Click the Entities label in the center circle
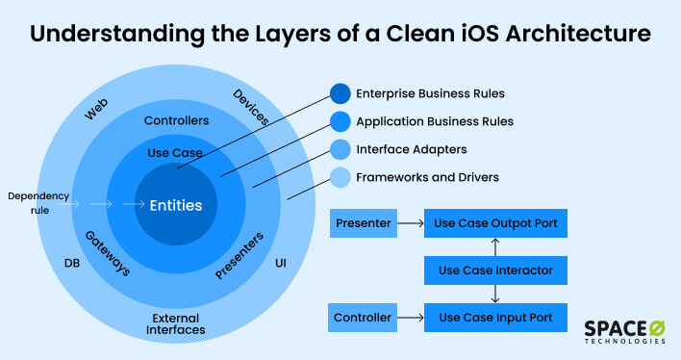click(x=175, y=205)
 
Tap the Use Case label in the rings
click(x=173, y=153)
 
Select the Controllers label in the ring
click(x=176, y=121)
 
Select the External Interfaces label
click(x=176, y=323)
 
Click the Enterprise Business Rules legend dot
click(x=340, y=94)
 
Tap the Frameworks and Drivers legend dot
click(x=340, y=177)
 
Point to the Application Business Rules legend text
click(x=434, y=122)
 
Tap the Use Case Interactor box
click(x=494, y=270)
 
